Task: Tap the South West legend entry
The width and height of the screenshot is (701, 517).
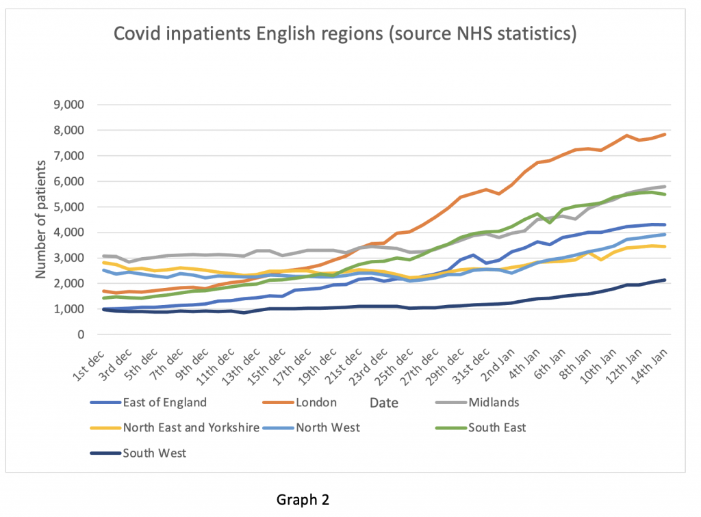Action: click(154, 453)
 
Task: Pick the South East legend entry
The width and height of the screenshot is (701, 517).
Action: click(497, 428)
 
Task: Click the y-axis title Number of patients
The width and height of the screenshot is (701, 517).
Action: click(42, 220)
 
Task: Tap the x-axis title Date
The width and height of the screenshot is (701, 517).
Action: click(383, 403)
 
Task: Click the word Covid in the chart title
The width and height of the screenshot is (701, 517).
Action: click(138, 33)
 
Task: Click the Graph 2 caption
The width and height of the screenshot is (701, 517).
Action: click(303, 500)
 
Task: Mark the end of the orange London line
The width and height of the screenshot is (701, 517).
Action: click(665, 134)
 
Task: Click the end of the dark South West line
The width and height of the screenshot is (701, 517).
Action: click(665, 280)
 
